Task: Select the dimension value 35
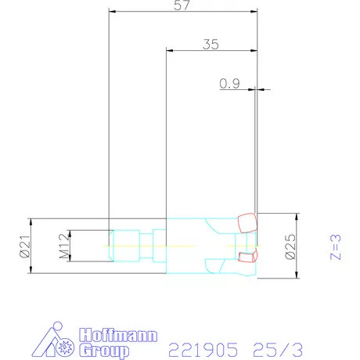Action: coord(210,44)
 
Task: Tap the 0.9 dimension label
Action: coord(229,83)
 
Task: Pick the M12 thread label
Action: coord(65,246)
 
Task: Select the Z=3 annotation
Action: coord(336,245)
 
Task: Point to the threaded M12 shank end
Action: coord(124,245)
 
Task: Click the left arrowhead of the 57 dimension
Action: coord(112,12)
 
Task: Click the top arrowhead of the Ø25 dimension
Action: coord(296,216)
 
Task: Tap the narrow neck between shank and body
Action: coord(147,245)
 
